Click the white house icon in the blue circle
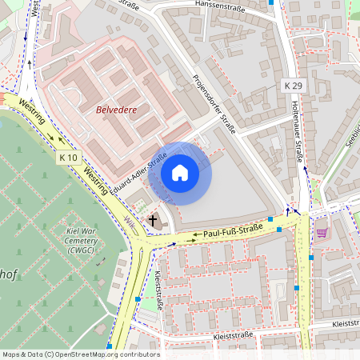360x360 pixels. [180, 173]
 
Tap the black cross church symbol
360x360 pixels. [153, 220]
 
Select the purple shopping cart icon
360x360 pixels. [322, 233]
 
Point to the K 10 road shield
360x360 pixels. [69, 158]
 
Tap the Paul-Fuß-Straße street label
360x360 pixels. [233, 234]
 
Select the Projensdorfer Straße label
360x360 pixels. [214, 103]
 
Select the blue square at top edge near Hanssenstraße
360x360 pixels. [271, 2]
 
